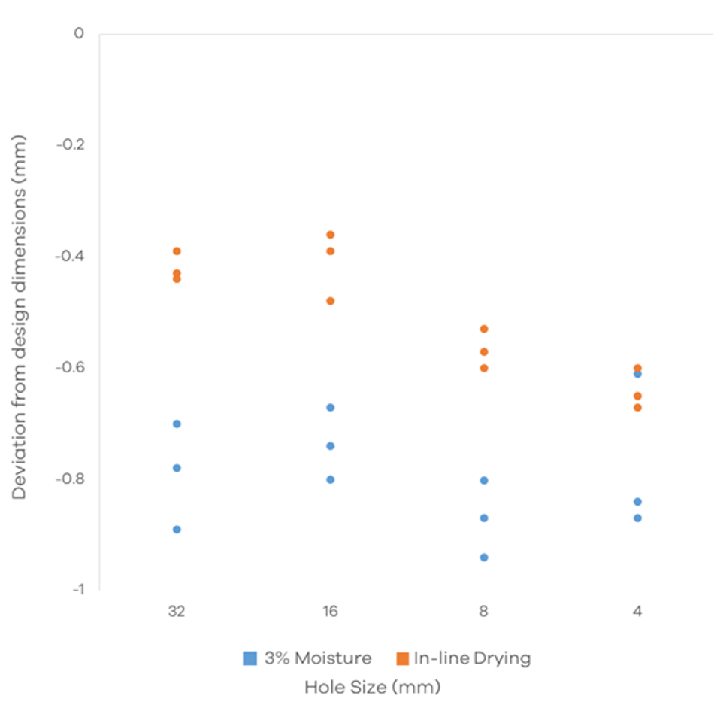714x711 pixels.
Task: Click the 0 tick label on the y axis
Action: [x=79, y=34]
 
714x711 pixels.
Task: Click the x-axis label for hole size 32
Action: [x=177, y=611]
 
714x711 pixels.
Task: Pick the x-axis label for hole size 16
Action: [x=330, y=611]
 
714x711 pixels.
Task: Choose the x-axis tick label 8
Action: [x=484, y=611]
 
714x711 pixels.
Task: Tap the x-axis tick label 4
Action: [x=637, y=611]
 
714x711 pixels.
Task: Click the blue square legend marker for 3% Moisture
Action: [x=250, y=658]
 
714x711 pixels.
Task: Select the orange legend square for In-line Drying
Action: [x=402, y=658]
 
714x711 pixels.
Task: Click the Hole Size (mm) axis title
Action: [x=372, y=687]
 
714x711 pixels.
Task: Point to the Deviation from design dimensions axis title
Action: [x=20, y=316]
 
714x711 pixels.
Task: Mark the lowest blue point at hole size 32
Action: [x=177, y=530]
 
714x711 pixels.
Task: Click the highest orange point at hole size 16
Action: [x=330, y=235]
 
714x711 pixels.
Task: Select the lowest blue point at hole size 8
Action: [x=484, y=558]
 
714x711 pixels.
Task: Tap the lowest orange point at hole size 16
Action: [x=330, y=301]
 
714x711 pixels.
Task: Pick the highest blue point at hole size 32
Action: [x=177, y=424]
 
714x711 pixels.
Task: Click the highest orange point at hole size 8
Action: [x=484, y=329]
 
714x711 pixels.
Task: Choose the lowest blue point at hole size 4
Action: [x=637, y=518]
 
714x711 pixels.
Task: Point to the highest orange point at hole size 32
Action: [x=177, y=251]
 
